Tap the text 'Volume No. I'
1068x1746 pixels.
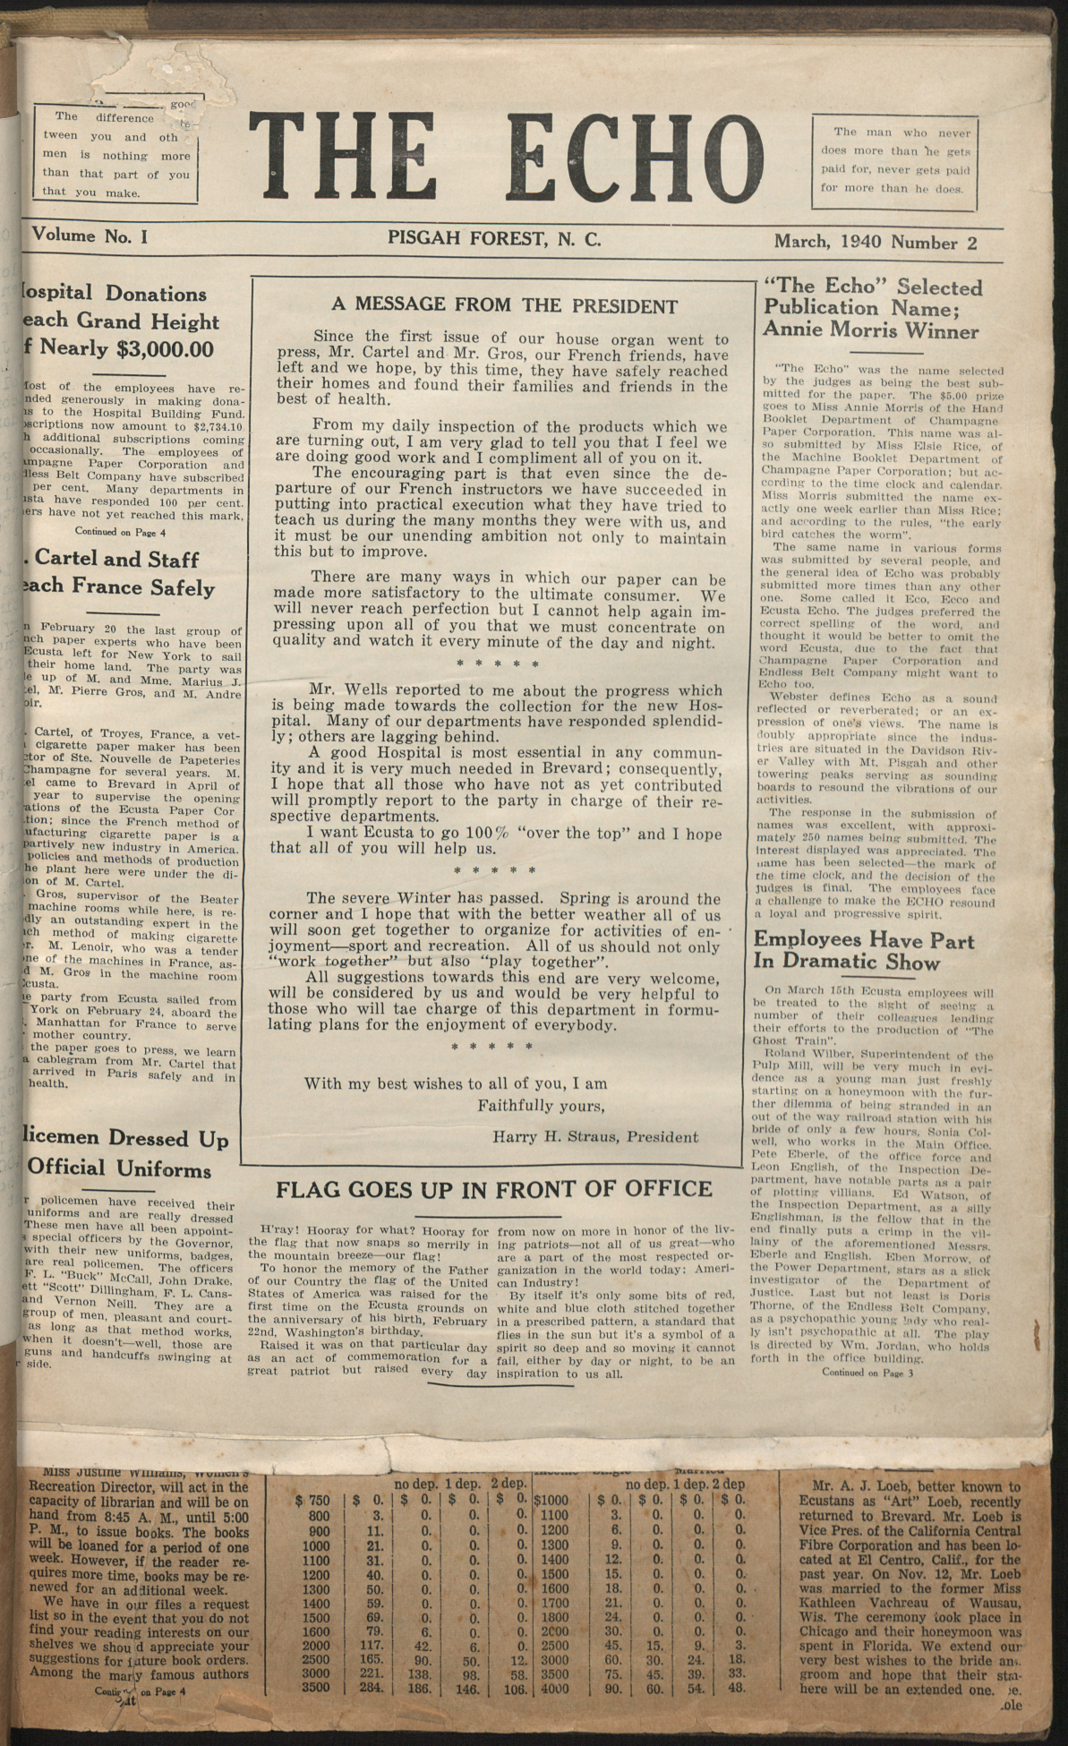tap(90, 236)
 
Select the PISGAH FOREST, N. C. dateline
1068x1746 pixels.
tap(494, 238)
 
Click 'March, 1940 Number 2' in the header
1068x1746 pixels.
tap(875, 242)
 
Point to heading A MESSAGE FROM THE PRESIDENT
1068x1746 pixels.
tap(504, 306)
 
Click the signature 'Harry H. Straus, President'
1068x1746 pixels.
tap(594, 1137)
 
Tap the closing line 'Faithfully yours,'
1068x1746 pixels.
tap(540, 1105)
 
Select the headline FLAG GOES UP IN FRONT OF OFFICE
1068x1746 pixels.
tap(493, 1189)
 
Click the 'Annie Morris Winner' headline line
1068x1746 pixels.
tap(870, 331)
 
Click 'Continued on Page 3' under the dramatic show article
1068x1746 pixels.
tap(866, 1372)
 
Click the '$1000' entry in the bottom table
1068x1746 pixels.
tap(551, 1499)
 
